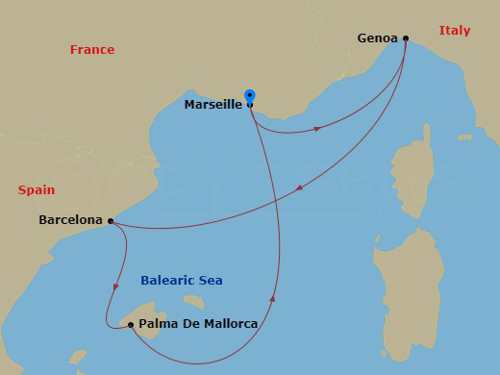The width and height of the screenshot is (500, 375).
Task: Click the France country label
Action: (92, 50)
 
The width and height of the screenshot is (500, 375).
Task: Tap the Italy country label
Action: (455, 31)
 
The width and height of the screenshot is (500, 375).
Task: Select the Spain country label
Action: (37, 190)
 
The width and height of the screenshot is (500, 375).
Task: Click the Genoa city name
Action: (377, 38)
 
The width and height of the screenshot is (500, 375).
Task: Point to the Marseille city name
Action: (212, 105)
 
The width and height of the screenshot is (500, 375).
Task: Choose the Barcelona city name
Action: (70, 220)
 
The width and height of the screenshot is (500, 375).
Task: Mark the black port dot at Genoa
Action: (406, 38)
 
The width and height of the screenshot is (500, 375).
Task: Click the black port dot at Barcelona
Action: (111, 220)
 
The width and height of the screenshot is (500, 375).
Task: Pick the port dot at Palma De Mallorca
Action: (131, 325)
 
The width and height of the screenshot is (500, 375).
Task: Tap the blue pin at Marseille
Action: (250, 96)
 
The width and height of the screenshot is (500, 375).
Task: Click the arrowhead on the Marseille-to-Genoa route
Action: (316, 129)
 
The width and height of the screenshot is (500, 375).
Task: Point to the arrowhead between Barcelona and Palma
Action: (115, 286)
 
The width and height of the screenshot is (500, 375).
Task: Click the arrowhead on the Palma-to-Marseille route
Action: (274, 299)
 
